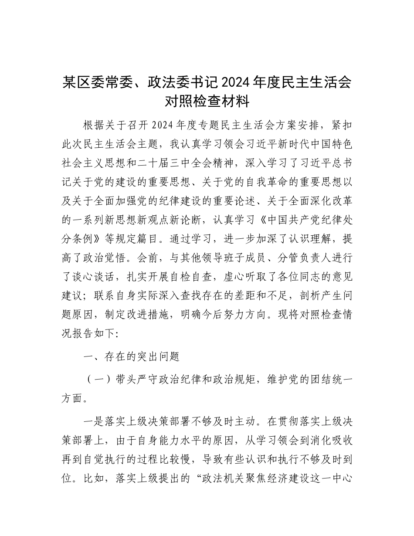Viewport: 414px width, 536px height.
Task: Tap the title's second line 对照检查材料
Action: click(x=207, y=102)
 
